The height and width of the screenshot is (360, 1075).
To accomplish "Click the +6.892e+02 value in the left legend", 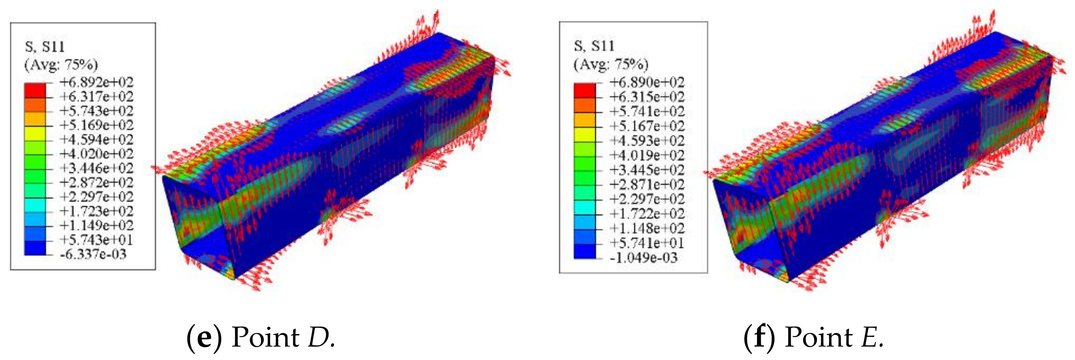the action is coord(96,82).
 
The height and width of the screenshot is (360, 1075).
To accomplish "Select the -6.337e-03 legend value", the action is coord(93,254).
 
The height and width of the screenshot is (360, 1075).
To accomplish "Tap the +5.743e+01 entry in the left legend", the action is coord(96,240).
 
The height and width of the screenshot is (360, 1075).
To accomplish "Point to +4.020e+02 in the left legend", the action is coord(96,154).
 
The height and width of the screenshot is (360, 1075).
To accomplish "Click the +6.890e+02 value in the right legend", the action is coord(647,82).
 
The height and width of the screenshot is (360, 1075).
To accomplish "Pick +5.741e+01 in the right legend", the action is coord(647,243).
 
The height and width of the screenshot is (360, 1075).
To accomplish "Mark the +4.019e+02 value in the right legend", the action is coord(647,155).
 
